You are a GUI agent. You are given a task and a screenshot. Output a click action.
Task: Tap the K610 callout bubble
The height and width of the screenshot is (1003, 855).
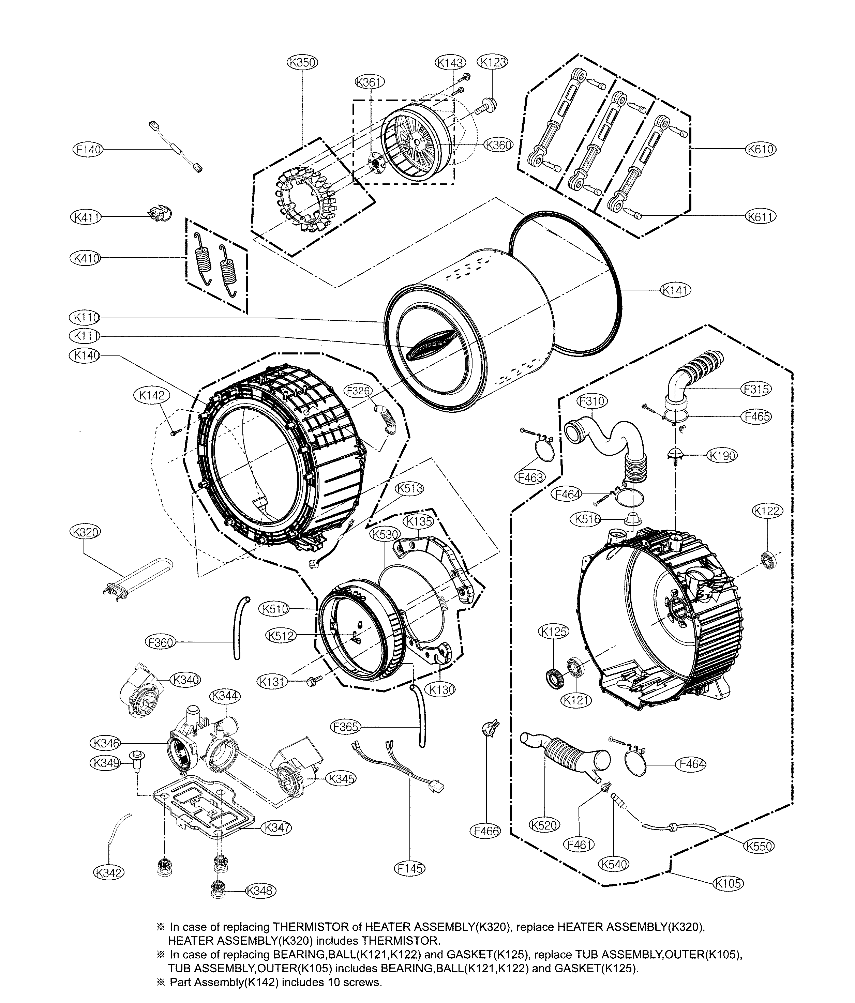coord(760,149)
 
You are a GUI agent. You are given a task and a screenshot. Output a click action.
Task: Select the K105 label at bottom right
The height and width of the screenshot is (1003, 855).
coord(727,883)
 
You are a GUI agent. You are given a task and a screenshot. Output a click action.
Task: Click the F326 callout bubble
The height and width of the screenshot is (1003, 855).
coord(359,390)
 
